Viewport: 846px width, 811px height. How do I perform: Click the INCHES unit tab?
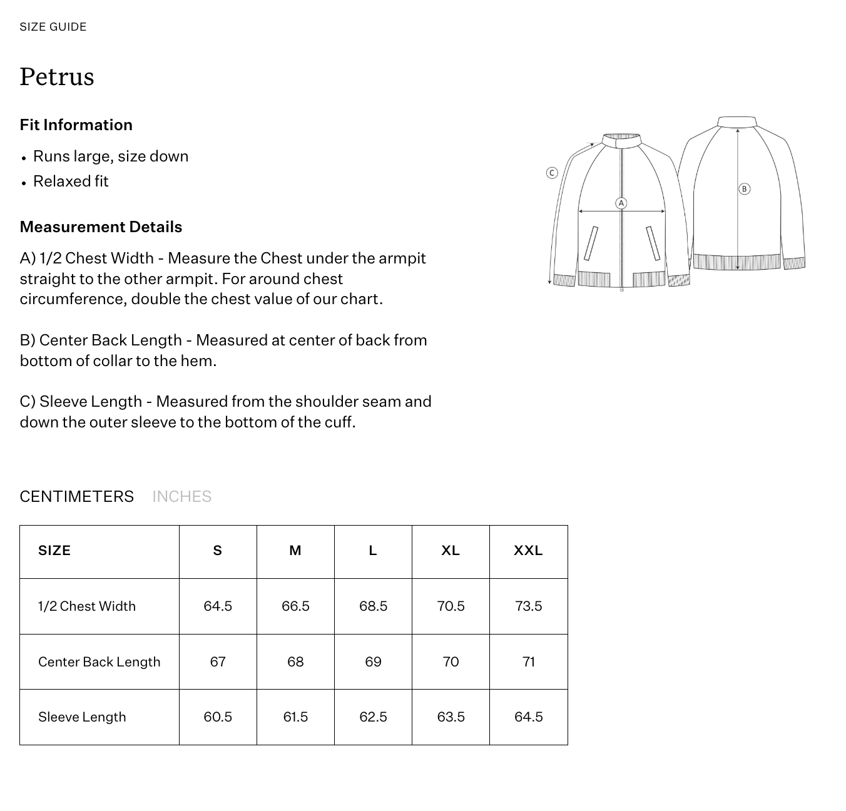pyautogui.click(x=181, y=496)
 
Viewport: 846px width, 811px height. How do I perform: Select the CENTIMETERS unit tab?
pyautogui.click(x=76, y=496)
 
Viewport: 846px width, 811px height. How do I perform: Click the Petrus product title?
pyautogui.click(x=57, y=77)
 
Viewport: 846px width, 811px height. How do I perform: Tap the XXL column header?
pyautogui.click(x=528, y=551)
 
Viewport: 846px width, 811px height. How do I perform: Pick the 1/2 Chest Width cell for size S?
pyautogui.click(x=218, y=606)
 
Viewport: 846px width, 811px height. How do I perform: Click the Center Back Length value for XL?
pyautogui.click(x=451, y=661)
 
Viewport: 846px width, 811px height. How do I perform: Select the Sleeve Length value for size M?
pyautogui.click(x=295, y=717)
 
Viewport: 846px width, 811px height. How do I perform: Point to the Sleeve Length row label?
pyautogui.click(x=82, y=717)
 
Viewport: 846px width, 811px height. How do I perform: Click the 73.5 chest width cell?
pyautogui.click(x=528, y=606)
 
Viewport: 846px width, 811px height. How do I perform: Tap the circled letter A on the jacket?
pyautogui.click(x=621, y=203)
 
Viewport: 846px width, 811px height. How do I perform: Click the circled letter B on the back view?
pyautogui.click(x=744, y=188)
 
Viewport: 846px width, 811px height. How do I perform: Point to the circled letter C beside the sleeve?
pyautogui.click(x=552, y=173)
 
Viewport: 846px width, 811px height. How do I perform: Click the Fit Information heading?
pyautogui.click(x=76, y=125)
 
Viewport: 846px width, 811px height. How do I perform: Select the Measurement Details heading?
pyautogui.click(x=101, y=227)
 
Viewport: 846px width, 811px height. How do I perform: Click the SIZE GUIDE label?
pyautogui.click(x=53, y=27)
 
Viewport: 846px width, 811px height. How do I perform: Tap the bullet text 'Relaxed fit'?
pyautogui.click(x=71, y=181)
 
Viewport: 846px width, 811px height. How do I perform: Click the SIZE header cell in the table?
pyautogui.click(x=54, y=551)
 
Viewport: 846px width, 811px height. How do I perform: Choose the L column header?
pyautogui.click(x=373, y=551)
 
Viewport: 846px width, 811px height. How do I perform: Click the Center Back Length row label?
pyautogui.click(x=99, y=661)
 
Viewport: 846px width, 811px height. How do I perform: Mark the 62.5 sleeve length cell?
pyautogui.click(x=373, y=717)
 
